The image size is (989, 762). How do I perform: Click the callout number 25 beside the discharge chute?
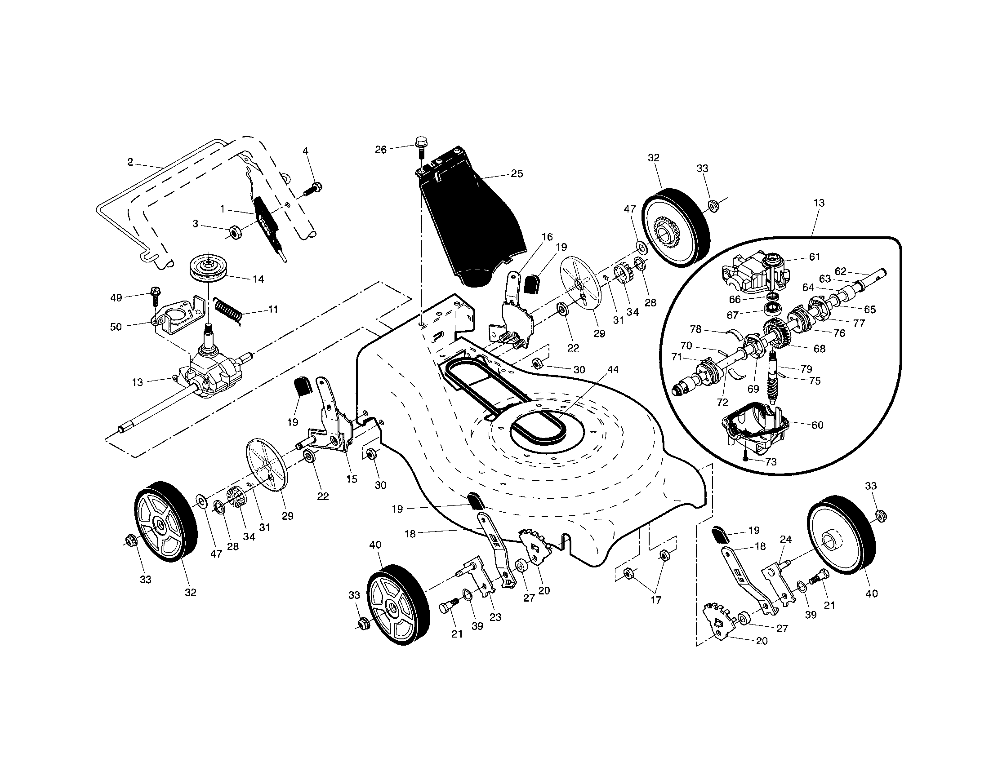(517, 174)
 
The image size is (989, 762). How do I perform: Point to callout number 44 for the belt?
(613, 369)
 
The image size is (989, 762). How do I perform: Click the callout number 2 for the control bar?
(130, 162)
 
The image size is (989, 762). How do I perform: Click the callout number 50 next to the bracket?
(116, 327)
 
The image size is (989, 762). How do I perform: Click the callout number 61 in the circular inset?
(815, 257)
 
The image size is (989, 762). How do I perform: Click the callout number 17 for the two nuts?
(656, 600)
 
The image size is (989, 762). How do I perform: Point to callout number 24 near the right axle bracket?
(786, 539)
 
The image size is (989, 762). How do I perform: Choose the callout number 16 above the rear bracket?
(547, 237)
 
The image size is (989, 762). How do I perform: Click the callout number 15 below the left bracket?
(352, 479)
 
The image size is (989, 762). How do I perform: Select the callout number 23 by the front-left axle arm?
(495, 617)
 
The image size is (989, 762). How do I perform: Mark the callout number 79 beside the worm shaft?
(806, 369)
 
